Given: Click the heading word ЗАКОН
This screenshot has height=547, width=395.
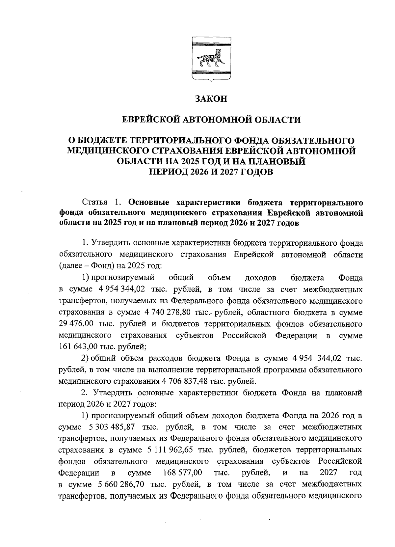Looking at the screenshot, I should click(x=211, y=99).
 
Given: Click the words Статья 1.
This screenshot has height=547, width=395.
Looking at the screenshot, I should click(x=102, y=202).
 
